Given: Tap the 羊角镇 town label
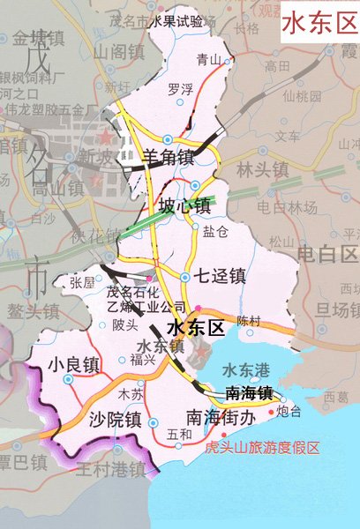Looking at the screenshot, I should click(x=168, y=158).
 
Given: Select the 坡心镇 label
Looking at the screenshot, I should click(x=184, y=206).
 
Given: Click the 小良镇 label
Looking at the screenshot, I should click(x=75, y=362).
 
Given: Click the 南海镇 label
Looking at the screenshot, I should click(x=249, y=393).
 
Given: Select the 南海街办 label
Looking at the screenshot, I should click(x=221, y=415).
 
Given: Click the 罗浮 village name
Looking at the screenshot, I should click(x=179, y=87).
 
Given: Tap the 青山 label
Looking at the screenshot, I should click(x=207, y=60).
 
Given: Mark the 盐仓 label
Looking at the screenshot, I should click(x=215, y=232).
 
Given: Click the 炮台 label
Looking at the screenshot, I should click(x=289, y=412).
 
